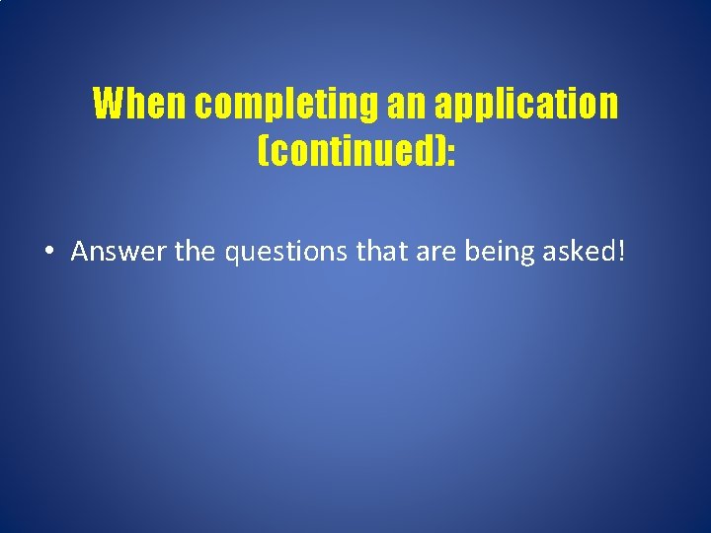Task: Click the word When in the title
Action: (x=140, y=104)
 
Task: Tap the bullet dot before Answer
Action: (x=48, y=253)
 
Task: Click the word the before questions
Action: (x=197, y=252)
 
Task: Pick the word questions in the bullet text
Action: (x=287, y=253)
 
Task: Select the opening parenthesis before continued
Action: (x=262, y=152)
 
